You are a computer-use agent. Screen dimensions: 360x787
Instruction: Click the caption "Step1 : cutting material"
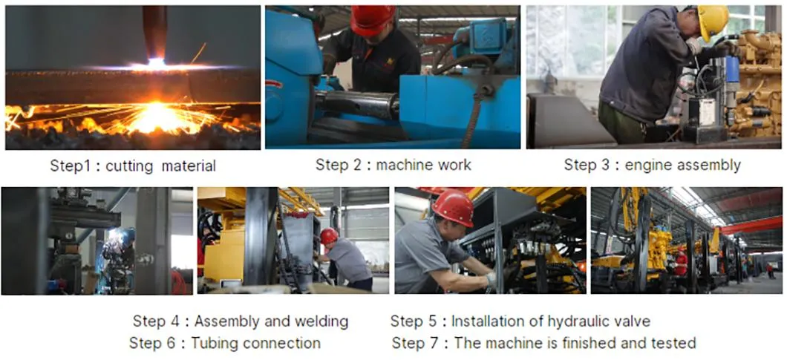[133, 166]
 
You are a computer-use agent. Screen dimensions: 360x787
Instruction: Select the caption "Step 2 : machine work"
[393, 165]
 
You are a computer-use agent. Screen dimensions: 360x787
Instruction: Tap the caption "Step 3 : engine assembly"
[652, 165]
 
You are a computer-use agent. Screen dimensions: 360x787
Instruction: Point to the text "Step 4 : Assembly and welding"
[240, 321]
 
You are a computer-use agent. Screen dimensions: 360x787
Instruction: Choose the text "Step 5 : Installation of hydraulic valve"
[520, 321]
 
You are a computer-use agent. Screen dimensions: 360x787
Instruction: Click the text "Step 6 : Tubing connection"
[224, 343]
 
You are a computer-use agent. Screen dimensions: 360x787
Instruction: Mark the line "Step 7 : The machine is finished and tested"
[543, 343]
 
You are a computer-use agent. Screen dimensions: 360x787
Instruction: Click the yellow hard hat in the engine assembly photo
[713, 20]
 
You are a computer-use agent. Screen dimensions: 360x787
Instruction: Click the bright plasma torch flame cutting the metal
[157, 64]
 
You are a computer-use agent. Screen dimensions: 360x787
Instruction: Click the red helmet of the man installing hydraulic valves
[453, 207]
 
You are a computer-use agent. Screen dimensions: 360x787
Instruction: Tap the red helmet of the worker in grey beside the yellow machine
[329, 235]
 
